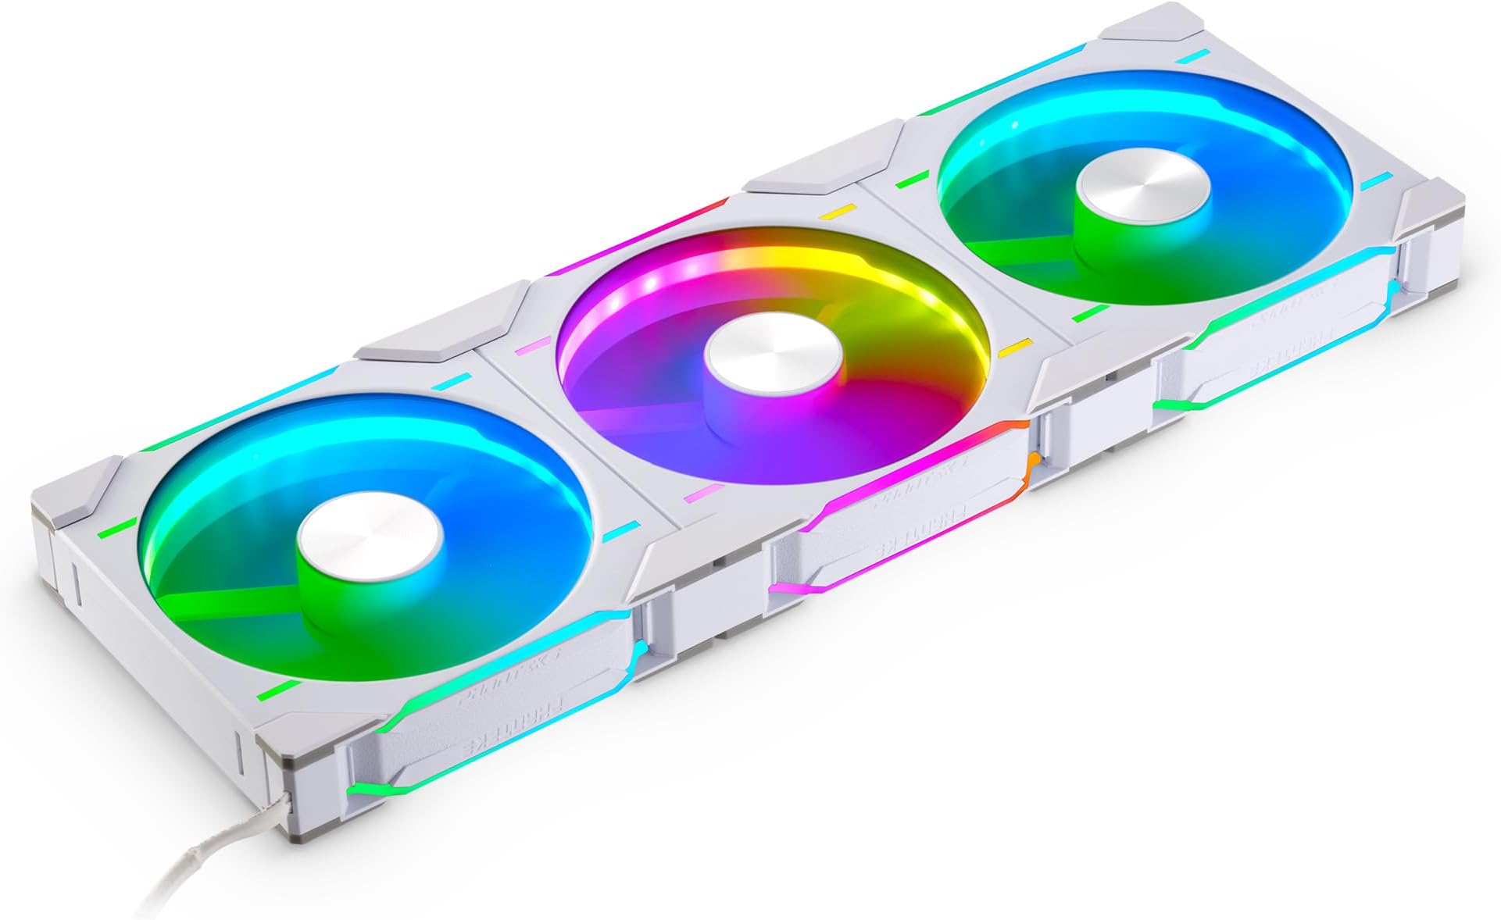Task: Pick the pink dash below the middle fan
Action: (703, 493)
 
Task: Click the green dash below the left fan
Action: (277, 690)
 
